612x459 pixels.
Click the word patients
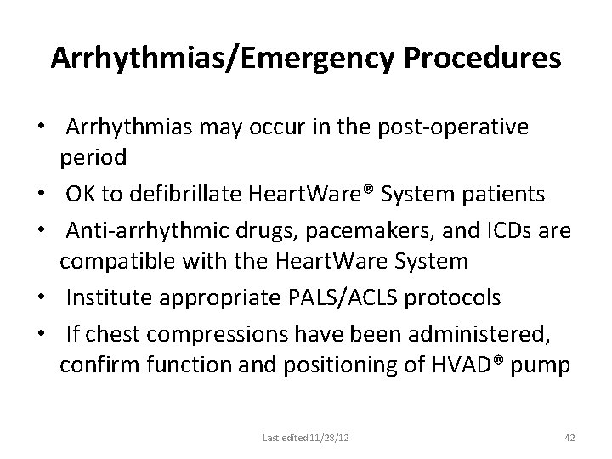pos(510,195)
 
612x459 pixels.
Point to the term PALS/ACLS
pos(354,297)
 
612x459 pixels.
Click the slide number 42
pos(569,437)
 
